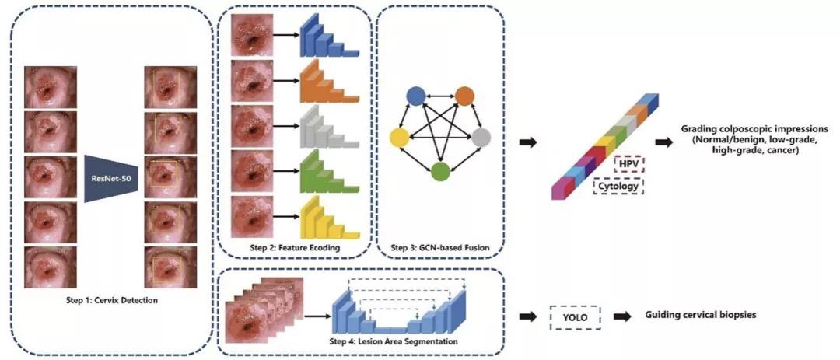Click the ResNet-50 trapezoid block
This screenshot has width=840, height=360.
point(111,172)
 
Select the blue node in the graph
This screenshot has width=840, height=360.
point(415,96)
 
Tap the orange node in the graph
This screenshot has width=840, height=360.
point(464,96)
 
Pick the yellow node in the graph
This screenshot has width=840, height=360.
point(399,138)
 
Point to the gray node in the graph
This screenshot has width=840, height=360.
point(482,138)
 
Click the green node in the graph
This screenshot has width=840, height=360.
point(440,172)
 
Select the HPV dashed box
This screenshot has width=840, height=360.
point(627,165)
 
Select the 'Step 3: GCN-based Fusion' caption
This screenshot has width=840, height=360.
point(439,247)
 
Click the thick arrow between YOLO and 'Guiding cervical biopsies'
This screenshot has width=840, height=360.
point(622,316)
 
